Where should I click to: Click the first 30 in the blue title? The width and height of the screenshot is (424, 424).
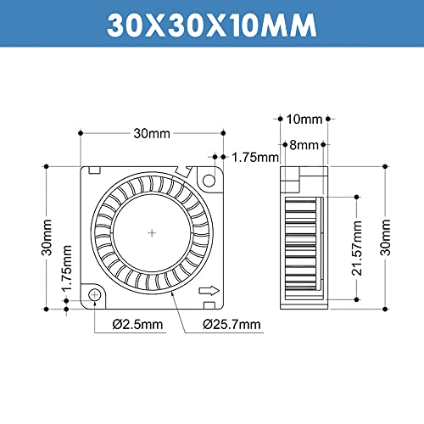(126, 25)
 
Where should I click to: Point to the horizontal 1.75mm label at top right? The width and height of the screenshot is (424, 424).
(255, 157)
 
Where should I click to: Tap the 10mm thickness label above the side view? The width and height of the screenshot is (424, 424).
(304, 118)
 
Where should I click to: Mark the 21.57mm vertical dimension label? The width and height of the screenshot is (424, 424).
(357, 248)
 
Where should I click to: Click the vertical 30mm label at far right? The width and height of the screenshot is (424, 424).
(388, 237)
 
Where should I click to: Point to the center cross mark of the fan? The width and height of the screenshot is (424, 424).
(152, 232)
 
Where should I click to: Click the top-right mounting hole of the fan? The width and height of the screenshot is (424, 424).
(209, 180)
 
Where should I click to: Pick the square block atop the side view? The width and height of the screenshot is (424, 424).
(291, 179)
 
